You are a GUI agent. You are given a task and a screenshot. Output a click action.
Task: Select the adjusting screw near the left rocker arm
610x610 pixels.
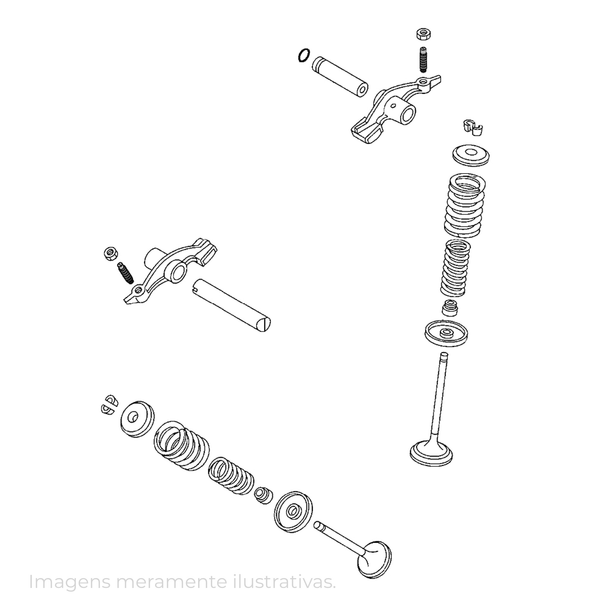(125, 273)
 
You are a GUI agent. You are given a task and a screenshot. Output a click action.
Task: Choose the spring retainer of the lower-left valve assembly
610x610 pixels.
(138, 419)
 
